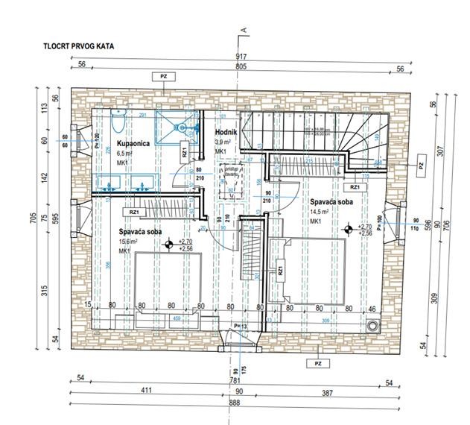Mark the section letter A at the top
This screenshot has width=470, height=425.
tap(243, 31)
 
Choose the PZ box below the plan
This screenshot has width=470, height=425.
tap(317, 363)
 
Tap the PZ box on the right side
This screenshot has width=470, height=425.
tap(421, 166)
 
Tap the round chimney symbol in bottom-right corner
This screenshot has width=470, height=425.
tap(373, 325)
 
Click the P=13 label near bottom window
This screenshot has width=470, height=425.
tap(240, 326)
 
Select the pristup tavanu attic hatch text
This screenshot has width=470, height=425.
tap(231, 173)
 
